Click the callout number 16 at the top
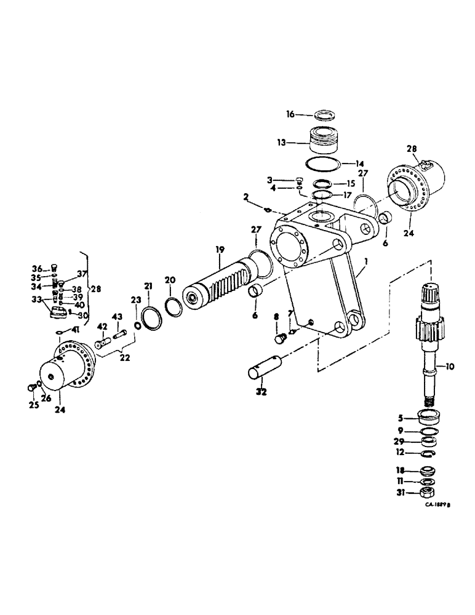[x=290, y=114]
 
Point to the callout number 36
[x=37, y=268]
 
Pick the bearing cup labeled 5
[x=430, y=418]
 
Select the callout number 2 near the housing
[x=245, y=198]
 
